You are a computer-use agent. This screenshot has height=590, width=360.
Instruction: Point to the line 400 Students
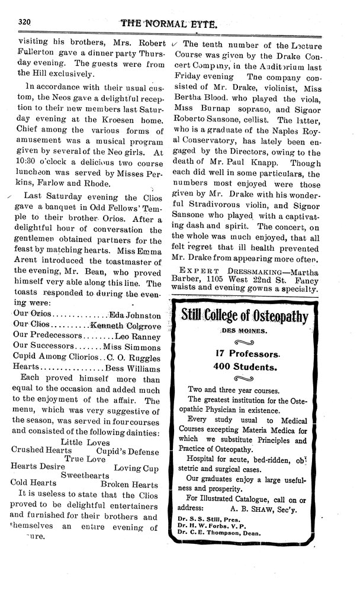(245, 367)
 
